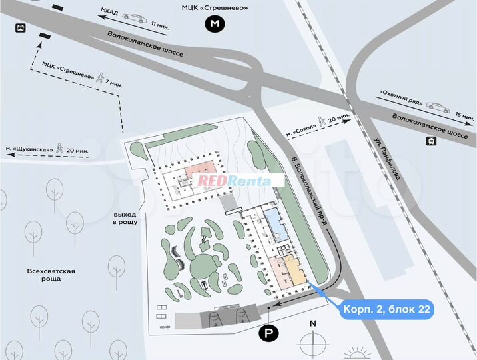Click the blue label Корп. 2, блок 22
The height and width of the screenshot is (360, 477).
(x=387, y=310)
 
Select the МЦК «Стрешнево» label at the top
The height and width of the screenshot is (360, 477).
(x=215, y=7)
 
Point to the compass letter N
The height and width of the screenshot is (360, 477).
(x=312, y=324)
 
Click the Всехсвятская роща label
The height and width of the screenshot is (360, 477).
(x=51, y=275)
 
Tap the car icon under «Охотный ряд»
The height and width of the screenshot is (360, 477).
(x=437, y=105)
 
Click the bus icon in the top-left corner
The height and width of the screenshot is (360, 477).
(x=20, y=29)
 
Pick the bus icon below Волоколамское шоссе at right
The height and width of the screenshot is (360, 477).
(x=431, y=141)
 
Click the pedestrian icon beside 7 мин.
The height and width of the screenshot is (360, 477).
(x=101, y=77)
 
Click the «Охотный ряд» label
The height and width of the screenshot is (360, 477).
(x=400, y=95)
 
